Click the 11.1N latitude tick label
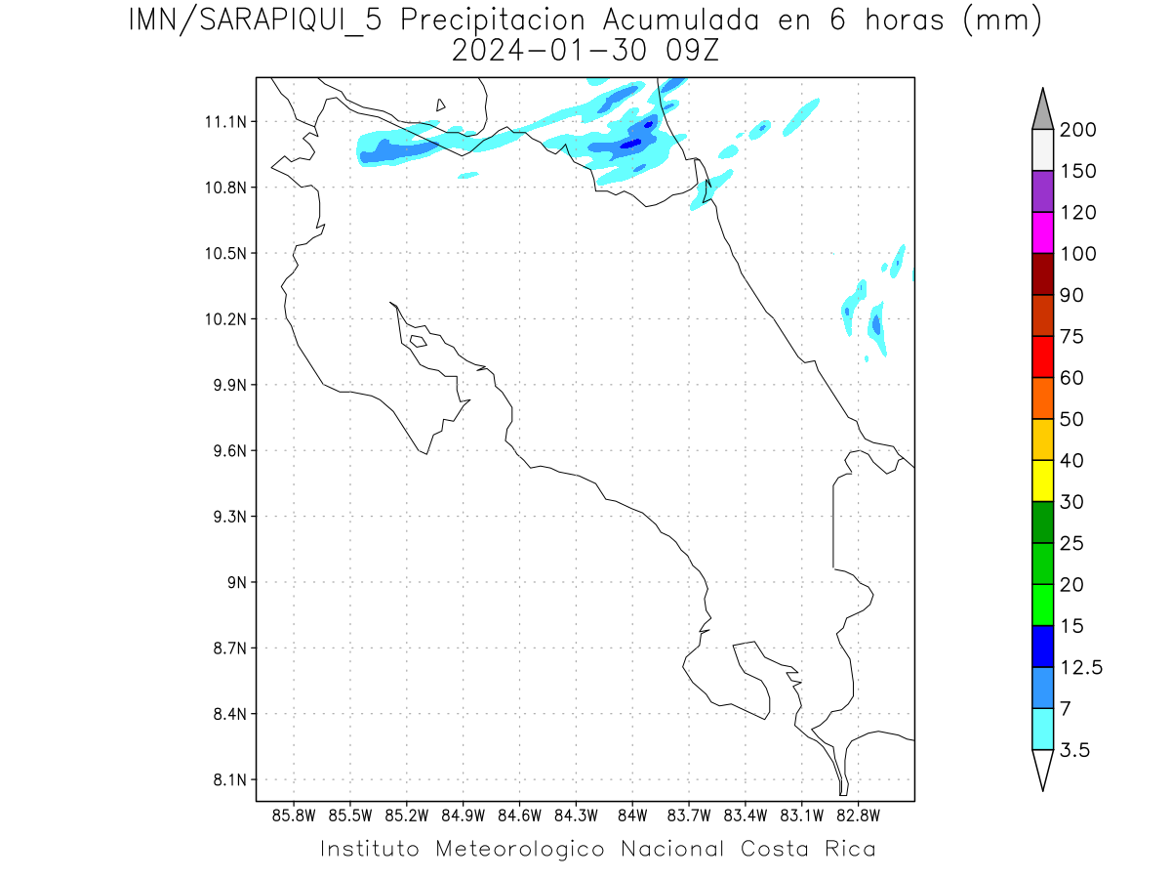[222, 122]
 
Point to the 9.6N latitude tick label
[222, 451]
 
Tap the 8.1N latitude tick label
[222, 780]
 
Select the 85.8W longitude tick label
[295, 815]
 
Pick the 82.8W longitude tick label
[858, 815]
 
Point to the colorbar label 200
[1077, 130]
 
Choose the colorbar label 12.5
[1080, 668]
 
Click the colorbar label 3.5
[1074, 750]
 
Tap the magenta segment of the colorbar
[1042, 232]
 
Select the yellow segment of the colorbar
[1042, 481]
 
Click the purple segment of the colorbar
[1042, 191]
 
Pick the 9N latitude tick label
[230, 583]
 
